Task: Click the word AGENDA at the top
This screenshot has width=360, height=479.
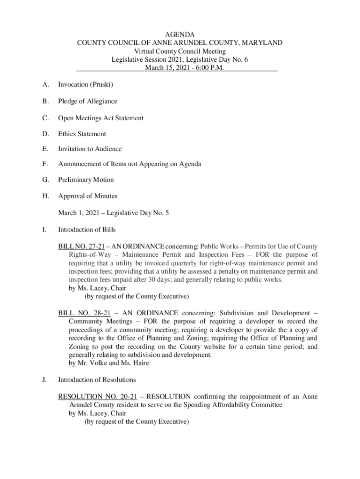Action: click(x=180, y=34)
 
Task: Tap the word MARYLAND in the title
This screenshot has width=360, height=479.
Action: click(x=261, y=43)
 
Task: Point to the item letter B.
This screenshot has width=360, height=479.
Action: click(x=45, y=102)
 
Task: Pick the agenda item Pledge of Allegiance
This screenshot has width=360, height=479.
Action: click(x=87, y=102)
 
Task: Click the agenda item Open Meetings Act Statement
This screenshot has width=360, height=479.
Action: click(x=101, y=118)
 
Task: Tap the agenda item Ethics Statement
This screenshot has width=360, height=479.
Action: click(x=82, y=134)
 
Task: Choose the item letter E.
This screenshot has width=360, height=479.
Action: click(x=45, y=149)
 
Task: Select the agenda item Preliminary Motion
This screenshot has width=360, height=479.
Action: click(x=86, y=180)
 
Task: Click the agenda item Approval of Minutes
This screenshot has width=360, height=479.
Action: click(x=87, y=196)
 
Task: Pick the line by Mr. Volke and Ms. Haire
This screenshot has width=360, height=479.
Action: click(x=109, y=363)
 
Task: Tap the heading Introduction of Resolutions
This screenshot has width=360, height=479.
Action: click(x=97, y=379)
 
